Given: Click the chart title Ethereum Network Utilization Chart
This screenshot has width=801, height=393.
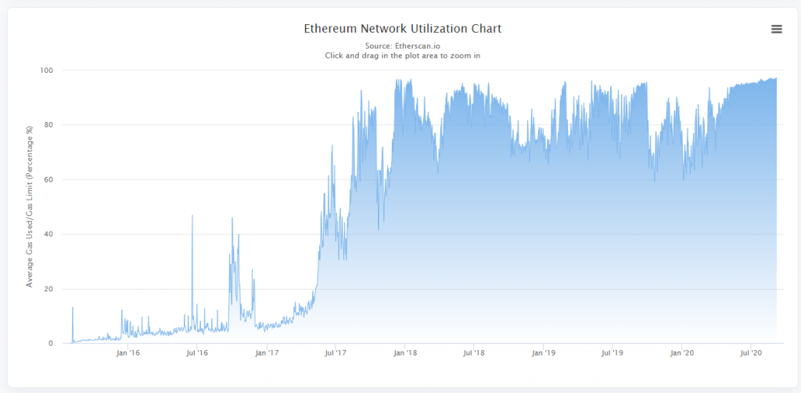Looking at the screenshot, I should tap(402, 29).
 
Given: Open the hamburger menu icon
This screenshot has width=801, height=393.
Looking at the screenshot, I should tap(777, 29).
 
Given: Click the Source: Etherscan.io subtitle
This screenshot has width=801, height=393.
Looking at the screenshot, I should tap(402, 46).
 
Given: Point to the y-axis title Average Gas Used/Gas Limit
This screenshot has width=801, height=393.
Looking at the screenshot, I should tap(30, 206).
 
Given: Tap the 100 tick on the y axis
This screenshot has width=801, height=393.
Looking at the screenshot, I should tap(46, 70).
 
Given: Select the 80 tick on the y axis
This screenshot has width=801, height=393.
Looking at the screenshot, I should tap(48, 125).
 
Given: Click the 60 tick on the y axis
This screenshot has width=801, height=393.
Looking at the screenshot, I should tap(48, 180).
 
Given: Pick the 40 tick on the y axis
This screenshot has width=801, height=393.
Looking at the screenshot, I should tap(48, 235).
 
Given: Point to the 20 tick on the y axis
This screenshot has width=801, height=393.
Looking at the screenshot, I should tap(48, 290).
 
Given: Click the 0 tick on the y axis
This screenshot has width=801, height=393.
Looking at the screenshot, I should tap(51, 344).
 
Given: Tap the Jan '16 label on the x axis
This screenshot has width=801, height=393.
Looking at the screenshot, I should tap(128, 354).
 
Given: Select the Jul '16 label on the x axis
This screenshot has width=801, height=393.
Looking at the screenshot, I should tap(196, 354).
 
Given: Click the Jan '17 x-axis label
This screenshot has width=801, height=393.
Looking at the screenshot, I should tap(267, 354).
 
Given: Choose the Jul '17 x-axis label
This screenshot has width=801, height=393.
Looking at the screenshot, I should tap(335, 354).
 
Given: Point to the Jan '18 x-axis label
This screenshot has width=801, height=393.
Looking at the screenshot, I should tap(405, 354).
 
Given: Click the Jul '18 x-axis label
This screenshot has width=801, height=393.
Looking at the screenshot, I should tap(474, 354).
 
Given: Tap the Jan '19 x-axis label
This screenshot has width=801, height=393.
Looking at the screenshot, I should tap(544, 354).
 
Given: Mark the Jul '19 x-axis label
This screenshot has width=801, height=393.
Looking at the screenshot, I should tap(612, 354).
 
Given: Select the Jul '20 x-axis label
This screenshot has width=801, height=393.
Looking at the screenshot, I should tap(751, 354).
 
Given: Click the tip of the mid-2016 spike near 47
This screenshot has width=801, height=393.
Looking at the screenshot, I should tap(192, 215).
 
